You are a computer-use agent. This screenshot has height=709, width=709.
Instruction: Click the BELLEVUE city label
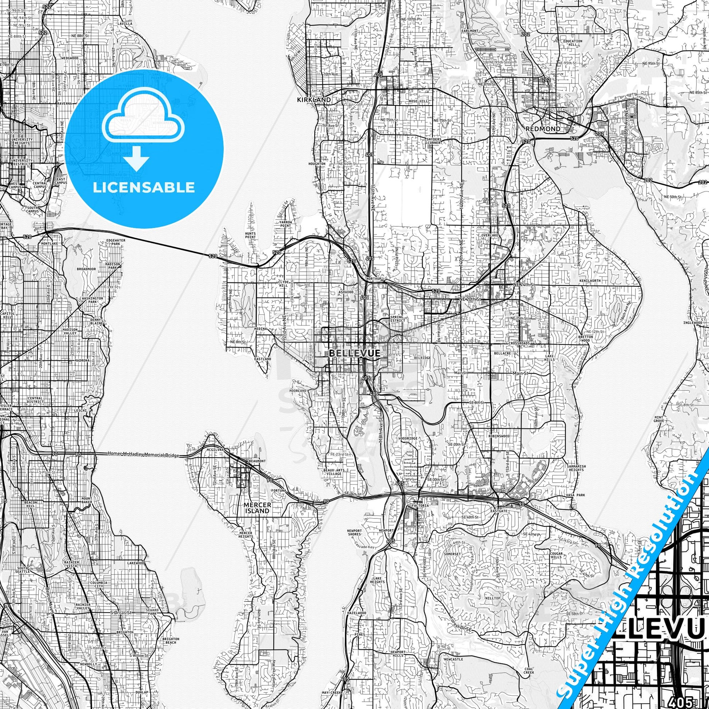[x=354, y=353]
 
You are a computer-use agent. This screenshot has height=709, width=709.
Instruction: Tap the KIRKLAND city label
[x=314, y=100]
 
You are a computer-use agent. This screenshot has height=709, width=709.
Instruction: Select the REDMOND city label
[x=543, y=129]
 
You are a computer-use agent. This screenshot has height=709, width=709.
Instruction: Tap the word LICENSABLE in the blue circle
[x=144, y=187]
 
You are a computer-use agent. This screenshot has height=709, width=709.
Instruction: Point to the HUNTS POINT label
[x=250, y=235]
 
